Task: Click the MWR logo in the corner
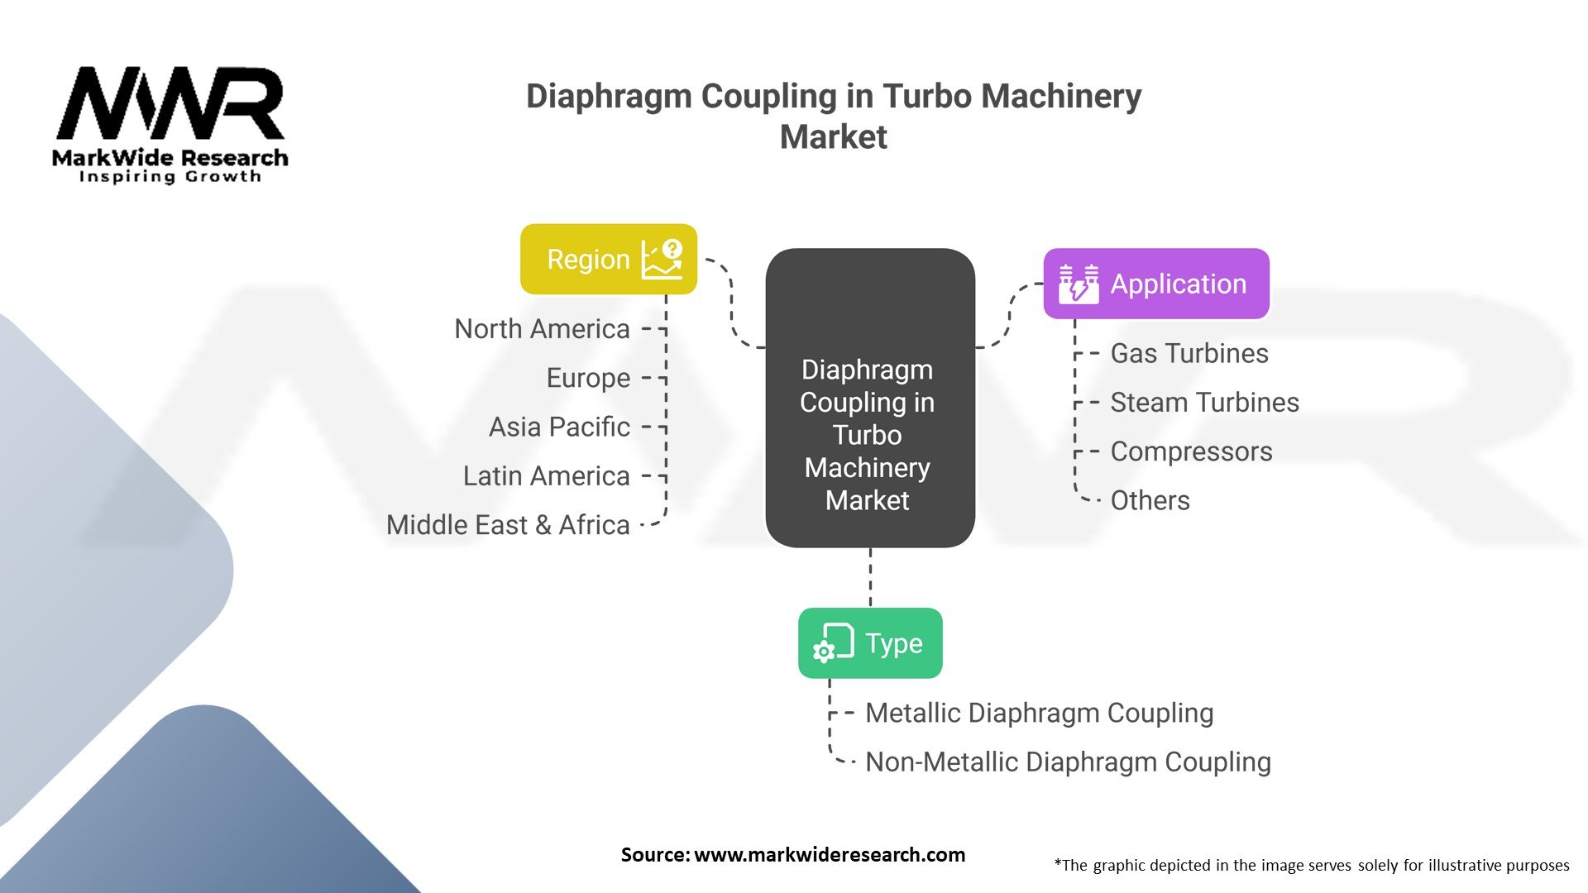(x=170, y=124)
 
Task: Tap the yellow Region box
(x=608, y=259)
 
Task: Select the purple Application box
(x=1155, y=284)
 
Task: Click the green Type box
(x=869, y=643)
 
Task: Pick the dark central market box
(x=869, y=398)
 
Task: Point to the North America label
(x=542, y=329)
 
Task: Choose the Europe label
(x=588, y=378)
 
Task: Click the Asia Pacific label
(x=559, y=427)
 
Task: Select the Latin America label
(x=546, y=476)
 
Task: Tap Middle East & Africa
(x=508, y=525)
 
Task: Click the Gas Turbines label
(x=1189, y=354)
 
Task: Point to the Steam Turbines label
(x=1204, y=403)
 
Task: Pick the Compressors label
(x=1191, y=451)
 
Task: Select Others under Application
(x=1150, y=500)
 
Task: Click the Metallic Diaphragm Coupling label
(x=1039, y=713)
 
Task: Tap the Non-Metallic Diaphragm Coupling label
(x=1068, y=762)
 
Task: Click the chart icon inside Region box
(x=662, y=260)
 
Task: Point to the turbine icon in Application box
(x=1079, y=284)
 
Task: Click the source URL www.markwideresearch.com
(x=829, y=855)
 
